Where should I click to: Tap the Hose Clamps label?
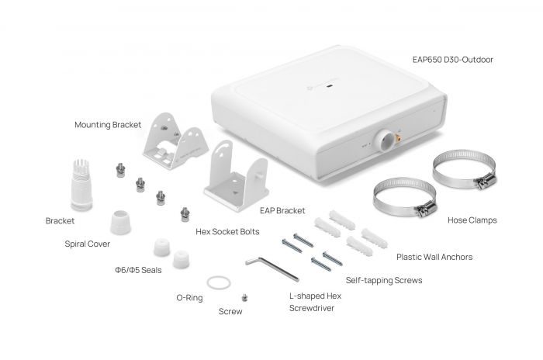pyautogui.click(x=472, y=220)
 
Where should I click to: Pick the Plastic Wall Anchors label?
pyautogui.click(x=434, y=255)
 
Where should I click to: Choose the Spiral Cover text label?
pyautogui.click(x=86, y=243)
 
